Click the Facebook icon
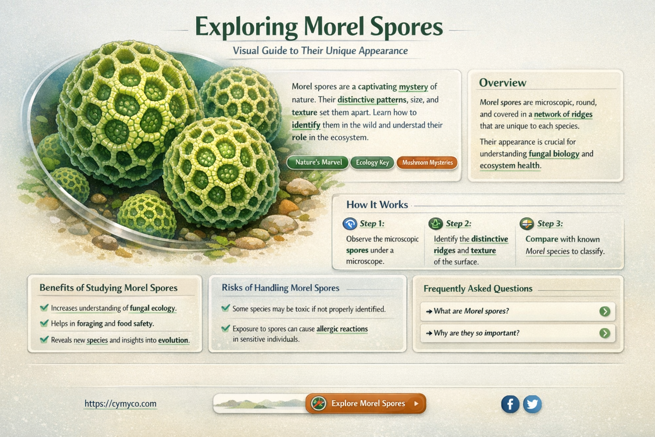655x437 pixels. click(x=510, y=404)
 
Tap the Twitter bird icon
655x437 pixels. click(x=532, y=404)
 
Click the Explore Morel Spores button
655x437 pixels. click(x=365, y=403)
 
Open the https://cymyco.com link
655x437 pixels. click(x=120, y=404)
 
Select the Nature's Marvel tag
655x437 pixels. click(x=318, y=163)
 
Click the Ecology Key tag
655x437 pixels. click(x=372, y=163)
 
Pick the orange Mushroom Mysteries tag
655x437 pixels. click(x=427, y=163)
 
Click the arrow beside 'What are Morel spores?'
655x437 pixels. click(x=605, y=312)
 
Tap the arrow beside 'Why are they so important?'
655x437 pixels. click(x=605, y=333)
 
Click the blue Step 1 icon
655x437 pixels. click(x=350, y=224)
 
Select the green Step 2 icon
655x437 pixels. click(x=436, y=224)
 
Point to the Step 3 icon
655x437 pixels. click(x=527, y=224)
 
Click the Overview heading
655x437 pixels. click(x=502, y=83)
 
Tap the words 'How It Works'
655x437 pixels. click(x=377, y=205)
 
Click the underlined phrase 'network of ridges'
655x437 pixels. click(x=563, y=114)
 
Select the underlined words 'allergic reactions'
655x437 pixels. click(x=342, y=329)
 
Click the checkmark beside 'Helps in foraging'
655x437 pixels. click(x=44, y=323)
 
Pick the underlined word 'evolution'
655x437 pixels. click(x=173, y=340)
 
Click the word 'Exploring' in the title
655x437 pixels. click(x=246, y=27)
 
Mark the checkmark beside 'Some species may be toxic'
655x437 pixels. click(x=226, y=308)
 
